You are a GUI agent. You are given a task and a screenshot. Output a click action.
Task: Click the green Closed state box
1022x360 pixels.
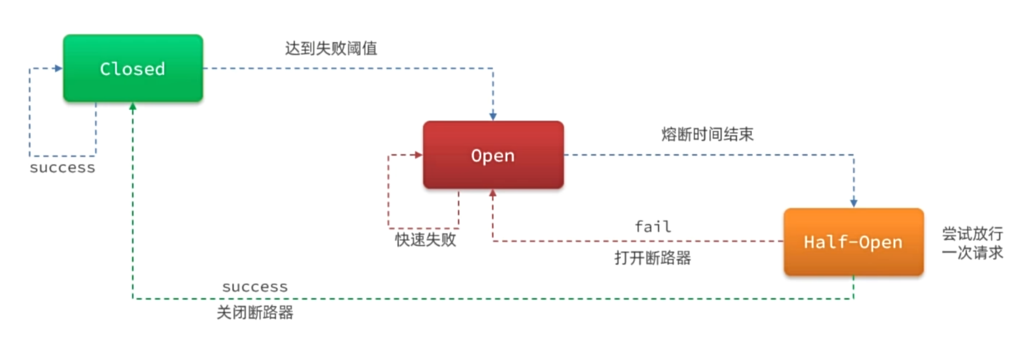tap(133, 68)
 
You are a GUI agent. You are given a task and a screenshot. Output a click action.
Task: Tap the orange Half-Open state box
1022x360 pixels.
tap(853, 242)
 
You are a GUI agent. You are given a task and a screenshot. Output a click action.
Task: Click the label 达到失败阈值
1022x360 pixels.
tap(331, 48)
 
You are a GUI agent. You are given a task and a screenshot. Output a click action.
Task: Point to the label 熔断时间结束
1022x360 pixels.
tap(707, 134)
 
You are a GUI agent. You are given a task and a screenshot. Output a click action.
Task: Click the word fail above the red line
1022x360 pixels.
tap(652, 226)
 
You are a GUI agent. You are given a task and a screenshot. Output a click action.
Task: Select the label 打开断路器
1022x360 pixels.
tap(652, 258)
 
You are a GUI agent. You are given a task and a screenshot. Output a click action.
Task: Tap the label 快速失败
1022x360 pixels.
tap(426, 240)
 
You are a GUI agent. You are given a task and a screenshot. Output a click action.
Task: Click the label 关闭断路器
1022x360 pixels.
tap(255, 313)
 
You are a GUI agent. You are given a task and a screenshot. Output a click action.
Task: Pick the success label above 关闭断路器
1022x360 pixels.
tap(255, 287)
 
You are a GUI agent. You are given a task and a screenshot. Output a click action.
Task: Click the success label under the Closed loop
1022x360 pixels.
tap(62, 168)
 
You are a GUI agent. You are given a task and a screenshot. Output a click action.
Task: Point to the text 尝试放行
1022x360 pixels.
tap(972, 234)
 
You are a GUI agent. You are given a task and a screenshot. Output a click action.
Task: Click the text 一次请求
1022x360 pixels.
tap(972, 253)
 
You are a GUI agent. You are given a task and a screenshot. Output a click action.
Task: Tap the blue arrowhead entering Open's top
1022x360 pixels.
tap(493, 116)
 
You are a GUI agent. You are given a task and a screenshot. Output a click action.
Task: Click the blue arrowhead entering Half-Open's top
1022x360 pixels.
tap(853, 203)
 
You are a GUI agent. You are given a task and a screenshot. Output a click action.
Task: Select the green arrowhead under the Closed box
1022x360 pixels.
tap(133, 107)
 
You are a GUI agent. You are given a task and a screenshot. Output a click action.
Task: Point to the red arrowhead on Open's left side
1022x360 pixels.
tap(418, 155)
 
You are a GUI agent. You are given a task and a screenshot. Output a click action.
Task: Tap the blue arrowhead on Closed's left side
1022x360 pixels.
tap(58, 68)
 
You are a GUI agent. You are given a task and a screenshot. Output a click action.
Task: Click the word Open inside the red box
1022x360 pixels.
tap(493, 155)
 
